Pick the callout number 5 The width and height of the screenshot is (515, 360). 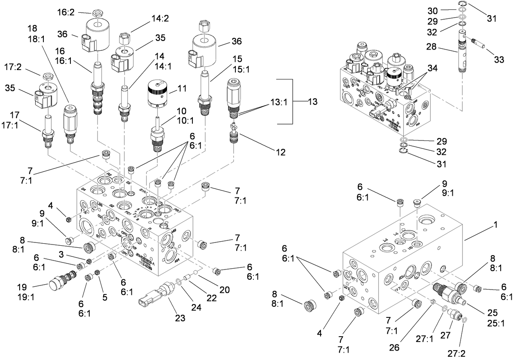tap(105, 297)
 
